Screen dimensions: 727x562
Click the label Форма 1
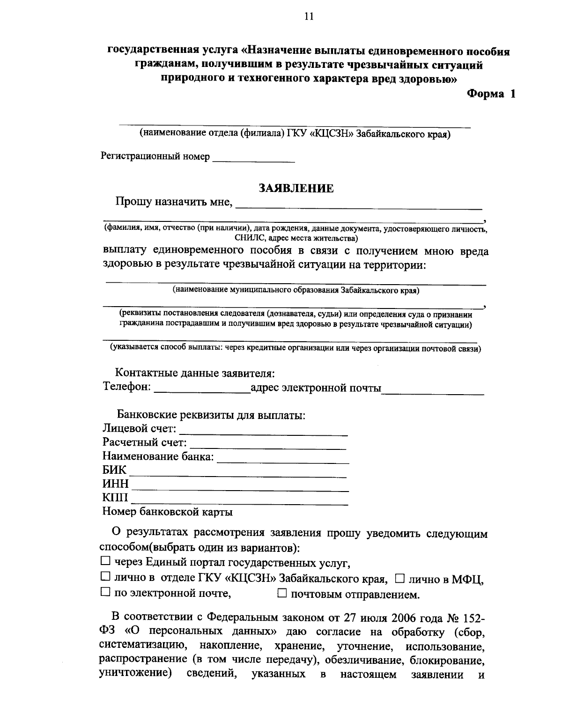(x=490, y=94)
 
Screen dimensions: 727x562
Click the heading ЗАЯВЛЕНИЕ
(x=296, y=188)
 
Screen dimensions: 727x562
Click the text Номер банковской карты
(x=167, y=512)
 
